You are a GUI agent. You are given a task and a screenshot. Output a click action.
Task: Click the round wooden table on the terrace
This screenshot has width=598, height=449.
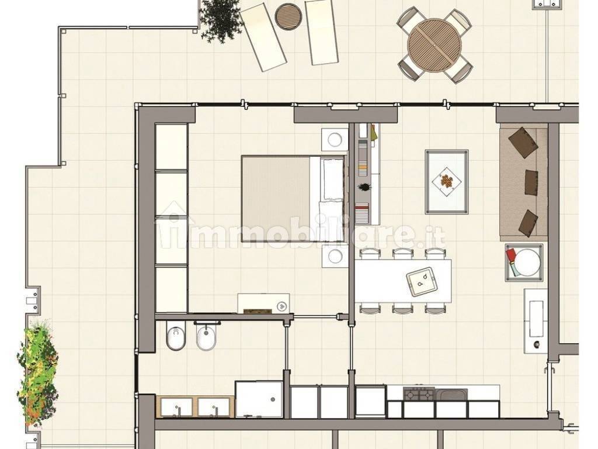(x=434, y=44)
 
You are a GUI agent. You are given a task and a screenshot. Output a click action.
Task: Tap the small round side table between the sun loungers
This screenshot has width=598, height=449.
(x=288, y=16)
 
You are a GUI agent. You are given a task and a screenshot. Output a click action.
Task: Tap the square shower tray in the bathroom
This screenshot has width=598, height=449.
(x=259, y=399)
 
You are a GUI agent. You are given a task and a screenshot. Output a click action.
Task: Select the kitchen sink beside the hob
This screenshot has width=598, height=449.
(x=451, y=394)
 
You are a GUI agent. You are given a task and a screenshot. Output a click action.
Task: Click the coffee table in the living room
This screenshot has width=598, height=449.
(x=447, y=182)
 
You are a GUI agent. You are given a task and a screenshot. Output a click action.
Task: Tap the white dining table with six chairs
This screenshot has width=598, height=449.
(x=403, y=281)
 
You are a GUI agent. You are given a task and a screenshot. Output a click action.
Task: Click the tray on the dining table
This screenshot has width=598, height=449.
(x=422, y=281)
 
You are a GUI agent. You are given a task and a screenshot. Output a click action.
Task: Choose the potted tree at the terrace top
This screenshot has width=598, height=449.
(x=221, y=20)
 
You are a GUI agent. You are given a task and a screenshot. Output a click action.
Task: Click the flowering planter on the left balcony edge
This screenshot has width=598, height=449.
(x=37, y=373)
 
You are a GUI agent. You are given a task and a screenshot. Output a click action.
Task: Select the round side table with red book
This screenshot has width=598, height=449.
(x=524, y=263)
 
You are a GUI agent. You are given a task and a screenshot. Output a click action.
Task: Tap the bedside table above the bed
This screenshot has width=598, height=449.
(x=335, y=139)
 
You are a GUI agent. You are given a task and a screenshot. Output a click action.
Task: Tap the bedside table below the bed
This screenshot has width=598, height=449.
(x=335, y=256)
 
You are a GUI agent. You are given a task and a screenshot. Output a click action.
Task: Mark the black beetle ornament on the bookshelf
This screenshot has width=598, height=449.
(x=363, y=187)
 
